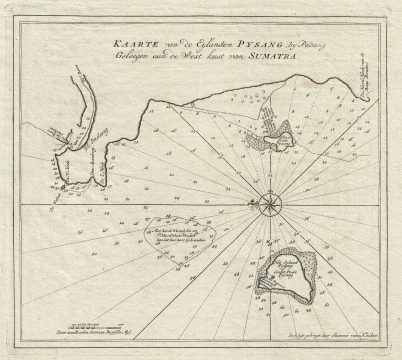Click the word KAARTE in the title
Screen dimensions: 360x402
tap(131, 47)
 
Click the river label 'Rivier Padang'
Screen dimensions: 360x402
tap(70, 150)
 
